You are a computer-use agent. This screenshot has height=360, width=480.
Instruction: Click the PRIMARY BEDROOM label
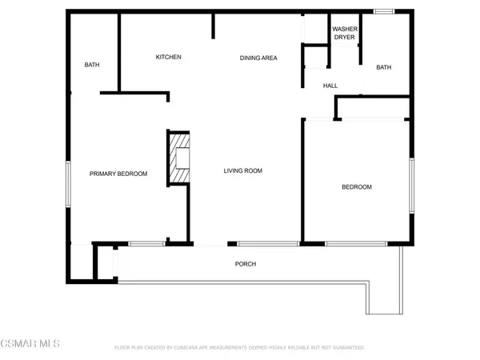(x=118, y=174)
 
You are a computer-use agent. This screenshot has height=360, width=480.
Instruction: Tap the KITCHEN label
(x=168, y=57)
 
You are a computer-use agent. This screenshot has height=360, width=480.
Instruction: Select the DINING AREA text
(x=258, y=58)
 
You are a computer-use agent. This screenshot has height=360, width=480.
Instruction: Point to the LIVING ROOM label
(x=242, y=170)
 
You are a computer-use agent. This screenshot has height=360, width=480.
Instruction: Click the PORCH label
(x=245, y=264)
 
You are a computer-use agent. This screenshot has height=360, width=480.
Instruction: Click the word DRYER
(x=344, y=37)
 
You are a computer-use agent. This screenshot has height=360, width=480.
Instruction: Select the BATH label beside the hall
(x=384, y=67)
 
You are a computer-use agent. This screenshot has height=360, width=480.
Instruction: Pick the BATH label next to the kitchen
(x=91, y=65)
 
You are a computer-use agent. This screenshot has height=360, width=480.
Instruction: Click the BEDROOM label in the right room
(x=357, y=187)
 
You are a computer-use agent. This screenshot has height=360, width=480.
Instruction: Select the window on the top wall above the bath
(x=384, y=11)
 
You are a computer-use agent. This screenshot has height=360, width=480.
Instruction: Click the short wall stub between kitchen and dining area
(x=214, y=26)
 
